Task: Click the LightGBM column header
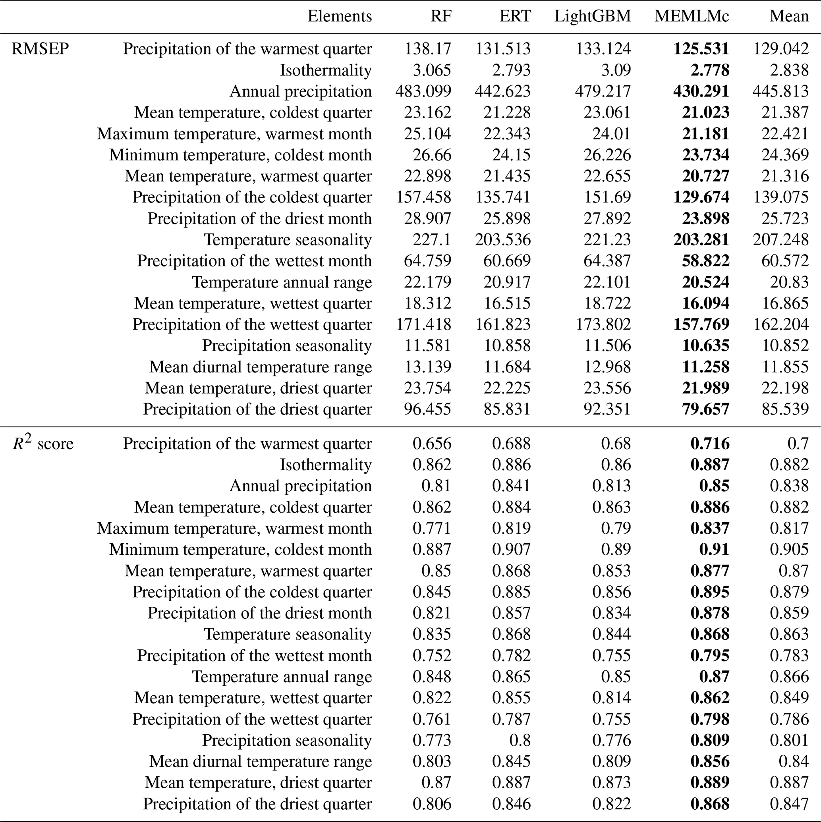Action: point(592,16)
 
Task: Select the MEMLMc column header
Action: point(692,16)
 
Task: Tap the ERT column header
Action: point(515,16)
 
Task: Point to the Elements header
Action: point(339,16)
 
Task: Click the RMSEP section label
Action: point(40,49)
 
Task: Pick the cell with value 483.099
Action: point(423,91)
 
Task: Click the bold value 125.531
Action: point(701,49)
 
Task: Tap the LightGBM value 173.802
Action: point(603,324)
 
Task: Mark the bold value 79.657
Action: point(705,409)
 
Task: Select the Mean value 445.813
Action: point(780,91)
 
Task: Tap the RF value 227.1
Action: point(432,239)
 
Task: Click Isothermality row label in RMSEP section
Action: point(326,70)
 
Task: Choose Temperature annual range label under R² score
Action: point(282,677)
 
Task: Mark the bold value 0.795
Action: point(709,655)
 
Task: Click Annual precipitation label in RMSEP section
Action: point(301,91)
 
